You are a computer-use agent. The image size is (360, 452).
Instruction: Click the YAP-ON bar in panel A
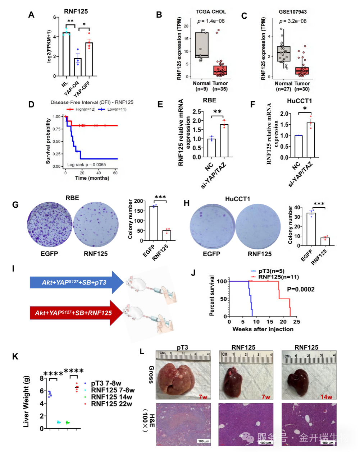coord(78,67)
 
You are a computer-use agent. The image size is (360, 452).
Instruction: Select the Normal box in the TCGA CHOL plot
coord(202,45)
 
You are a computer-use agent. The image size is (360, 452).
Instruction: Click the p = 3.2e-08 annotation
coord(293,21)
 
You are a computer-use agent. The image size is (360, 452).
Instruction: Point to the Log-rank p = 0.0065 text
coord(86,165)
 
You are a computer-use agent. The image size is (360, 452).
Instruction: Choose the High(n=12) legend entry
coord(81,109)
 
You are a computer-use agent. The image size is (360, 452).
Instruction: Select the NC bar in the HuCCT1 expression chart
coord(298,146)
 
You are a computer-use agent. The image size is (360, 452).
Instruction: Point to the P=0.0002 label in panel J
coord(301,289)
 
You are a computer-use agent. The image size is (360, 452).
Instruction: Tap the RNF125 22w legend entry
coord(111,404)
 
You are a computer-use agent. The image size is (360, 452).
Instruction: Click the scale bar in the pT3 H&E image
coord(204,441)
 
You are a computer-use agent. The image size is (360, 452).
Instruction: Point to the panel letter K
coord(15,356)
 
